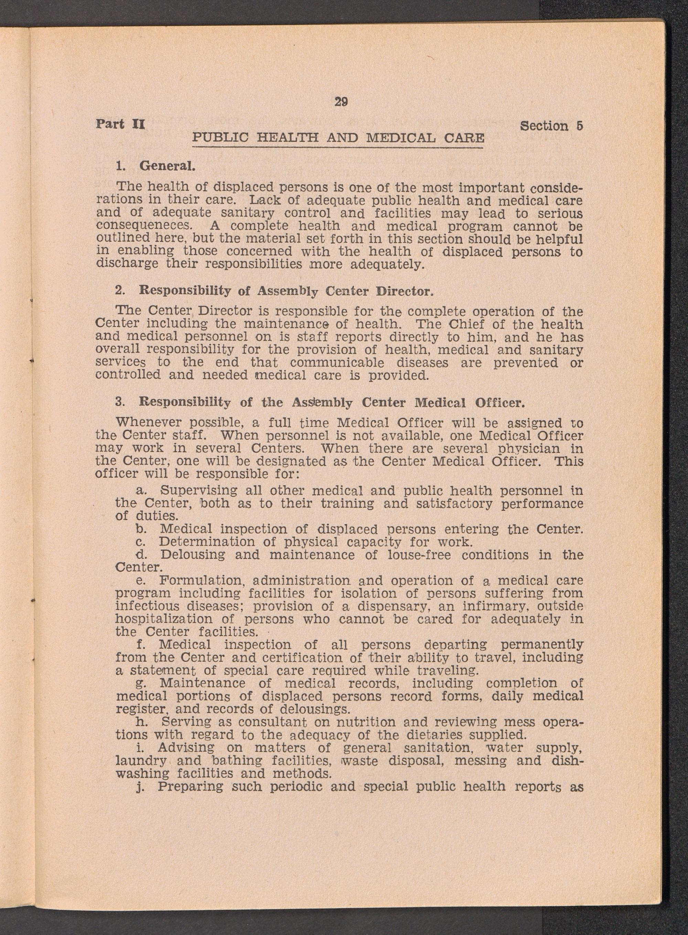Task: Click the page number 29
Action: pos(341,102)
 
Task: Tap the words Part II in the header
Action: pos(120,124)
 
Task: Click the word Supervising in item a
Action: pos(198,490)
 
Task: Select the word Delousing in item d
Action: pos(192,555)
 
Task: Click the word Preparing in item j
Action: pos(190,786)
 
